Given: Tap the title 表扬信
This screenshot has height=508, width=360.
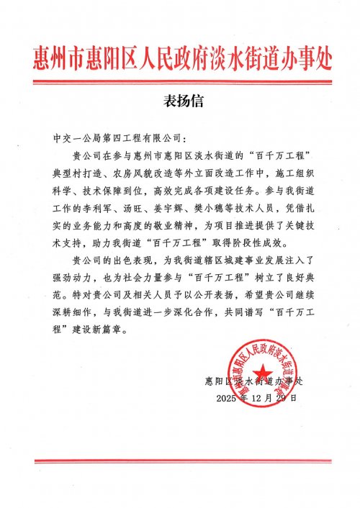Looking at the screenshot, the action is [180, 101].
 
